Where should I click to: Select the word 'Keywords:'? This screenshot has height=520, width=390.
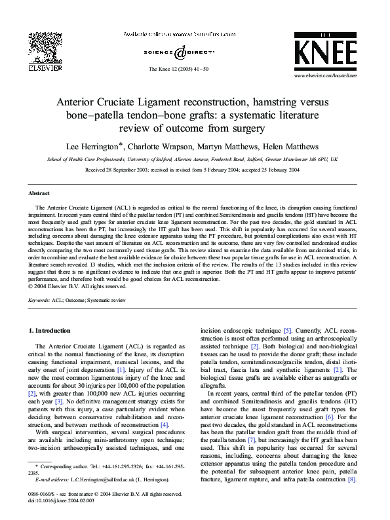tap(40, 300)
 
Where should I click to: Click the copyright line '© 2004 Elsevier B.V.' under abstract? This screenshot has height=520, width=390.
tap(78, 286)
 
